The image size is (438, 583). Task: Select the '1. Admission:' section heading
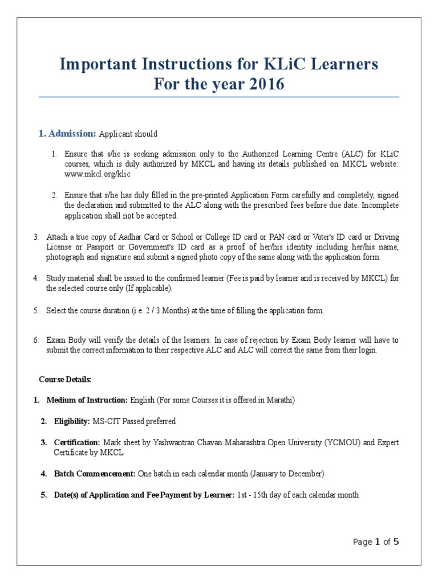tap(67, 134)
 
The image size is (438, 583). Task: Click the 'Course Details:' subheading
tap(65, 379)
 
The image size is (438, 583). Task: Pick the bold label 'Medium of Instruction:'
tap(87, 400)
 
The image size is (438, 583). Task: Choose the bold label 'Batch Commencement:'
tap(94, 474)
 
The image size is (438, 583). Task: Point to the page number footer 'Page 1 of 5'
tap(376, 542)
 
